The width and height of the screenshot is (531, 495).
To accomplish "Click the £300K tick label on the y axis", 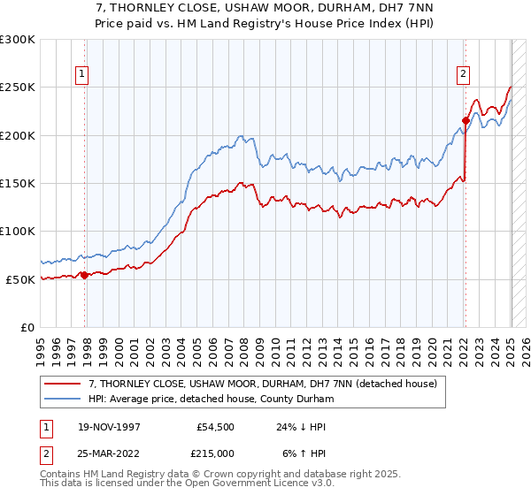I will coord(18,40).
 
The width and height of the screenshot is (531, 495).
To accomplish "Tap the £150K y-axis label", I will coord(18,184).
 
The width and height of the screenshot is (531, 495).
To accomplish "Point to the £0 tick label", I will coord(28,327).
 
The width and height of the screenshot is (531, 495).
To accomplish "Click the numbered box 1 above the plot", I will coord(81,75).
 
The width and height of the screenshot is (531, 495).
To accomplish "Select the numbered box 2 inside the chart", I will coord(463,75).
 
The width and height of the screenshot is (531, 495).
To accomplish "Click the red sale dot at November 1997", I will coord(85,275).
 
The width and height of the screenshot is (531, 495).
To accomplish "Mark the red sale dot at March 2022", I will coord(466,120).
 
